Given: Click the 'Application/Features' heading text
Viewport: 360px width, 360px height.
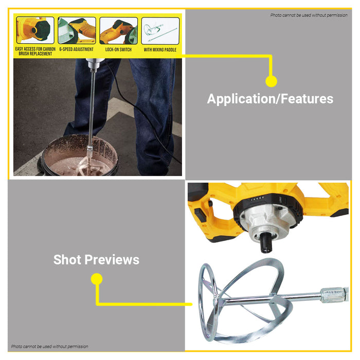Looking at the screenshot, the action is pyautogui.click(x=270, y=99).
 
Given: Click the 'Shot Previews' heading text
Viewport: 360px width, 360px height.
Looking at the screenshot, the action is pyautogui.click(x=97, y=260).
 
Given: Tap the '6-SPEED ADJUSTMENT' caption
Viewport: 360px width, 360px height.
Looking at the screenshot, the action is pyautogui.click(x=77, y=49).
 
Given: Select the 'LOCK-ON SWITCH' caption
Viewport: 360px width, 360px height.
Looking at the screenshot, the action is pyautogui.click(x=118, y=49).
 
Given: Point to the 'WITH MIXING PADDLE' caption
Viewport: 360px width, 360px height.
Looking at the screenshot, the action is pyautogui.click(x=160, y=49).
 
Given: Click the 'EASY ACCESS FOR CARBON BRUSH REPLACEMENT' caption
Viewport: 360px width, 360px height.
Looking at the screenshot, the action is pyautogui.click(x=35, y=51).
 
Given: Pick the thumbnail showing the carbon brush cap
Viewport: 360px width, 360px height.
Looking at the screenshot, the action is pyautogui.click(x=35, y=30).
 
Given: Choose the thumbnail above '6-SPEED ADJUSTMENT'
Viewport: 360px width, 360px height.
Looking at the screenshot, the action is pyautogui.click(x=77, y=30).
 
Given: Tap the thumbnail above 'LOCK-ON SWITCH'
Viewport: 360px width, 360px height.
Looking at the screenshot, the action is pyautogui.click(x=118, y=30).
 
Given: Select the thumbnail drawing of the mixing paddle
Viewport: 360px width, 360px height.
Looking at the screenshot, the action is pyautogui.click(x=160, y=31).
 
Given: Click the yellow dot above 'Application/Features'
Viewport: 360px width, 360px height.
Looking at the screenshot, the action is pyautogui.click(x=271, y=81).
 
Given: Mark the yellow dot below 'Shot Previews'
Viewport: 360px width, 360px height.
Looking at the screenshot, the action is pyautogui.click(x=97, y=279).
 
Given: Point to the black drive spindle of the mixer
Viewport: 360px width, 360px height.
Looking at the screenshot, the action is pyautogui.click(x=266, y=245).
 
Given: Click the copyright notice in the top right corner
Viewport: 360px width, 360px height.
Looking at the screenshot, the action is pyautogui.click(x=309, y=15).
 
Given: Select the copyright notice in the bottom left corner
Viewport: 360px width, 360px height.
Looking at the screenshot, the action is pyautogui.click(x=49, y=347).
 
